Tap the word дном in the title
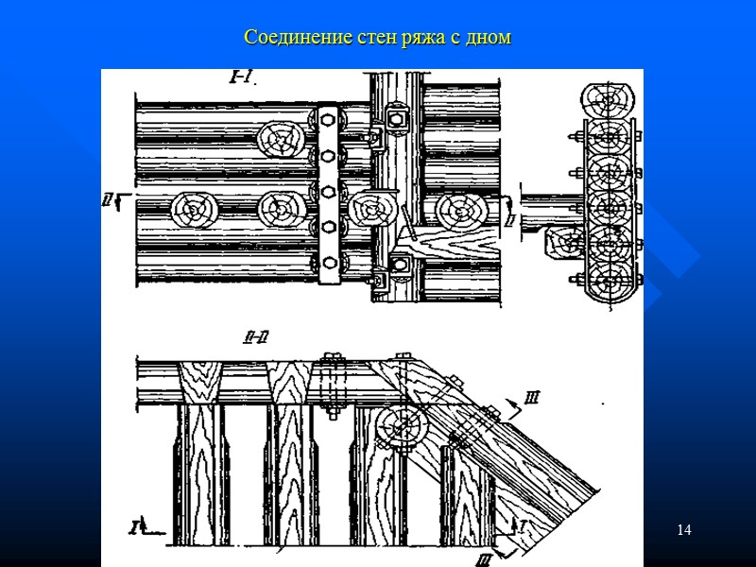tap(490, 39)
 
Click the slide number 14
tap(684, 529)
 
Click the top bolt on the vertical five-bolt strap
tap(328, 119)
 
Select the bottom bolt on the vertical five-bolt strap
tap(328, 260)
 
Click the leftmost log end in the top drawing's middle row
tap(193, 209)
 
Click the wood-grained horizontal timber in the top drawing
tap(458, 245)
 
